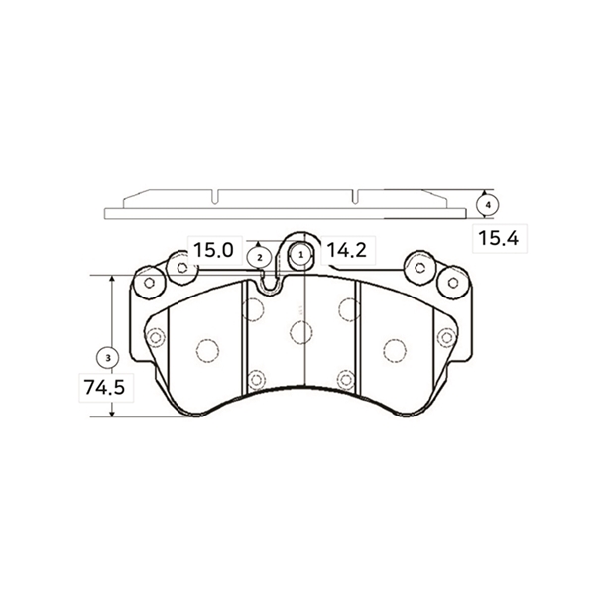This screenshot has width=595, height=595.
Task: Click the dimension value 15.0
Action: [213, 250]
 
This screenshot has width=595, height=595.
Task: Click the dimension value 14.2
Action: [346, 250]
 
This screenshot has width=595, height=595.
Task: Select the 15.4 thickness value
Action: [498, 238]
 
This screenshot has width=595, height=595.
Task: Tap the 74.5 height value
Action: [105, 388]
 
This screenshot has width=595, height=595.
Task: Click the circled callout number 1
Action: [301, 255]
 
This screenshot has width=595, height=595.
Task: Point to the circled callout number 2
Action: [260, 258]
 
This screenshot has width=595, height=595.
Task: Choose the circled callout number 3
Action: [108, 358]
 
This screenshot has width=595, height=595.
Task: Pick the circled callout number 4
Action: [488, 205]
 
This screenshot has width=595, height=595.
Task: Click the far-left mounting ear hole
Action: [149, 283]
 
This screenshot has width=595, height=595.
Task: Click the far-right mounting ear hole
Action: [453, 283]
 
